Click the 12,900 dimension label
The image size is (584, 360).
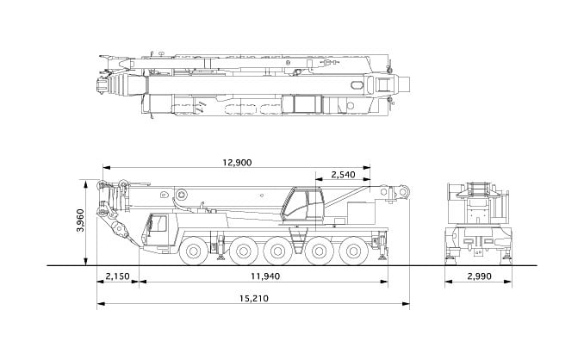coord(237,163)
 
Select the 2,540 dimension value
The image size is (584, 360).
coord(343,174)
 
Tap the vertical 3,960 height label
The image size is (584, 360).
coord(80,220)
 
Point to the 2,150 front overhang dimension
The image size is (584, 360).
coord(117,276)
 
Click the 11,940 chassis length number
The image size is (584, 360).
coord(265,276)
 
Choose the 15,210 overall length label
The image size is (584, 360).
coord(253,298)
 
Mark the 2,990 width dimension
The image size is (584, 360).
coord(479,276)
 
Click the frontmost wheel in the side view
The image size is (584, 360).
coord(193,251)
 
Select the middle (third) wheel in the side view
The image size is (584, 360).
coord(277,251)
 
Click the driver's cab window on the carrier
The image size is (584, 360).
coord(161,223)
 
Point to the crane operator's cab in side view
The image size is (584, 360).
coord(303,206)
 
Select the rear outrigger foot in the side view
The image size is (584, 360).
coord(382,258)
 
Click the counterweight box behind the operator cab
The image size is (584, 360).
coord(361,213)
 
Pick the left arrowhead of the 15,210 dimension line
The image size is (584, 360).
coord(100,304)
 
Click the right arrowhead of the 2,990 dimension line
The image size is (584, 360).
coord(508,282)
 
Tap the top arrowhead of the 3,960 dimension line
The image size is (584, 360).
coord(86,183)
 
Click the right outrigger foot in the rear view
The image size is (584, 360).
coord(506,257)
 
